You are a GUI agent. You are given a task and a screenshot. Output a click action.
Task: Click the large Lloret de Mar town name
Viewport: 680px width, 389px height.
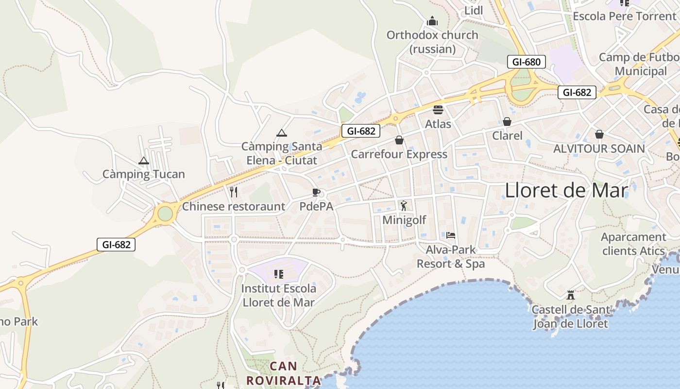click(x=567, y=190)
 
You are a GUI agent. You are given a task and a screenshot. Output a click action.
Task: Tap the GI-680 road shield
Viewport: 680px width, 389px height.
click(x=526, y=62)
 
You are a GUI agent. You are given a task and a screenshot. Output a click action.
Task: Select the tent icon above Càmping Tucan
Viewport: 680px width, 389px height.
click(x=143, y=161)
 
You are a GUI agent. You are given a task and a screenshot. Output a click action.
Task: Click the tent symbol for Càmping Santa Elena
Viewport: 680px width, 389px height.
click(x=281, y=133)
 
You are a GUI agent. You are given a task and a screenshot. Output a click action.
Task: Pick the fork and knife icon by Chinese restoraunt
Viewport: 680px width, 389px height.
click(x=234, y=192)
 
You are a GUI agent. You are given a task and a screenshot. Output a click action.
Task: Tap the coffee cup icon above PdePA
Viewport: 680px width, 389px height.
click(x=316, y=192)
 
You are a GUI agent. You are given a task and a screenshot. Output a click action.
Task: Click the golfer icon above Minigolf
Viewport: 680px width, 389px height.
click(x=404, y=206)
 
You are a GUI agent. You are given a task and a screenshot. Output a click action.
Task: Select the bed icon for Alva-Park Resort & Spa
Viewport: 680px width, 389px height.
click(x=451, y=235)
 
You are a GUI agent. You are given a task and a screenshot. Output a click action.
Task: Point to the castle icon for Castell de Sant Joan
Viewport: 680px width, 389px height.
click(x=571, y=295)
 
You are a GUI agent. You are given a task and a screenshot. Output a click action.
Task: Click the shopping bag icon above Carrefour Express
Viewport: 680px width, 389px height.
click(x=399, y=140)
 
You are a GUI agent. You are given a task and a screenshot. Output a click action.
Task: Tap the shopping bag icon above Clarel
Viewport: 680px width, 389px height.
click(x=507, y=121)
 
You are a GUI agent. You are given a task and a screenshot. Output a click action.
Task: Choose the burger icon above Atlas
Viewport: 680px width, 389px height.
click(x=438, y=109)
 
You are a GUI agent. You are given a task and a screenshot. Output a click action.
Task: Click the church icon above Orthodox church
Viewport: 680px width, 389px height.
click(x=432, y=21)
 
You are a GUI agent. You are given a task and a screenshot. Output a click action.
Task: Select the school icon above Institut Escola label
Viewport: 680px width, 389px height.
click(x=279, y=274)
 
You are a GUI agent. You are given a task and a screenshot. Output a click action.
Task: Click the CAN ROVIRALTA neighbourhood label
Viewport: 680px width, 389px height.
click(x=284, y=373)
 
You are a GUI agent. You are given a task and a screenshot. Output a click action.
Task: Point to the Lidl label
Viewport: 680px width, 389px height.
click(x=474, y=11)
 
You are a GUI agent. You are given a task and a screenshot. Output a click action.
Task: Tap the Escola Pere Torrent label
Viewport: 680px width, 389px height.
click(x=624, y=16)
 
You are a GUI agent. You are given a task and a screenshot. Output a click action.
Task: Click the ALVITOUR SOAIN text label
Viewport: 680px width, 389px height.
click(x=599, y=148)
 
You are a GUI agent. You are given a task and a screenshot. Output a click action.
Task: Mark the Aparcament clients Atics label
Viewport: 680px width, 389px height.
click(x=633, y=244)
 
